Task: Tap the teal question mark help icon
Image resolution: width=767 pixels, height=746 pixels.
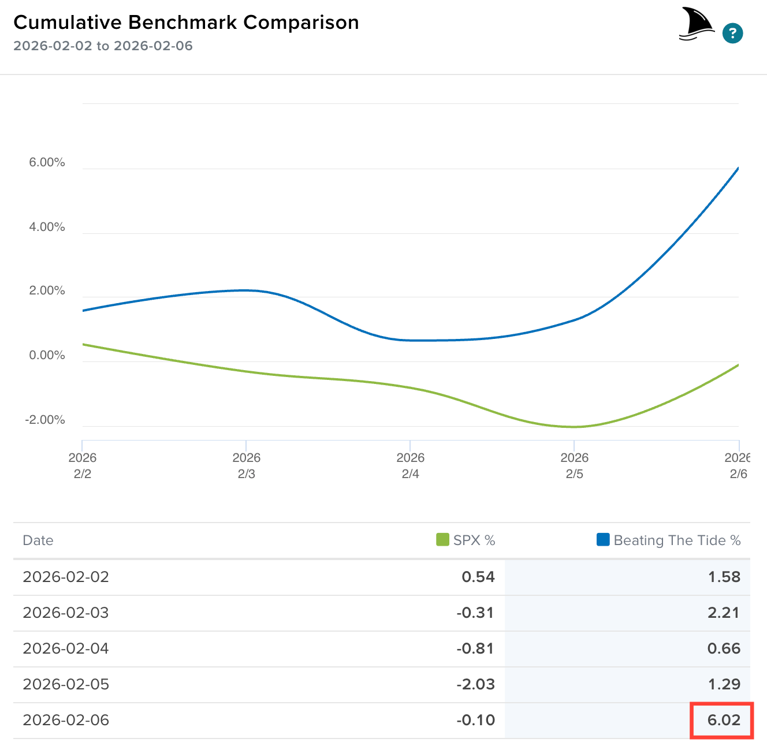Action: [732, 33]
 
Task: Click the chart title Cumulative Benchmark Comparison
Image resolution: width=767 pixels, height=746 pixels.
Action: [186, 23]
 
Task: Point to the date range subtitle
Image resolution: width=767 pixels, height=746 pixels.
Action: [103, 46]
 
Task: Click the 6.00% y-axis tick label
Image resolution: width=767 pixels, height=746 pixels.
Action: [47, 163]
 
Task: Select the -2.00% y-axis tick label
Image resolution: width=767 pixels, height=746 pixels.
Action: [45, 420]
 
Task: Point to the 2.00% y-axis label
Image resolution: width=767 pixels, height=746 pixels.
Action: [47, 291]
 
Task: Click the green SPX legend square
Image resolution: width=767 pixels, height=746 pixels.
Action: [442, 540]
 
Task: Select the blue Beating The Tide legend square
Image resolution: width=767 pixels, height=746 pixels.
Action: [603, 540]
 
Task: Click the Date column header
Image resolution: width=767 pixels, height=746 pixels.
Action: [38, 540]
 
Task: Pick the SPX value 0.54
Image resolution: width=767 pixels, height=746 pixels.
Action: [478, 577]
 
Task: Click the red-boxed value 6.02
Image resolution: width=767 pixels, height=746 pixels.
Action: [724, 720]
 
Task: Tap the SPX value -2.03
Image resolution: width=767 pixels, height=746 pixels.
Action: [476, 684]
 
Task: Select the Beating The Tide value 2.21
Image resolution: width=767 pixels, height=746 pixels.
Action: [724, 613]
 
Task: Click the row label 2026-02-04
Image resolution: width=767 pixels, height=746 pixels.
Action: [66, 648]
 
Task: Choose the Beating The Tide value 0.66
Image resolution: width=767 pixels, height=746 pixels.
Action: [724, 648]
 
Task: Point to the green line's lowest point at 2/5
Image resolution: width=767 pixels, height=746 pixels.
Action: [574, 427]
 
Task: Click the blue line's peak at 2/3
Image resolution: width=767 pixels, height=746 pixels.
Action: [247, 290]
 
